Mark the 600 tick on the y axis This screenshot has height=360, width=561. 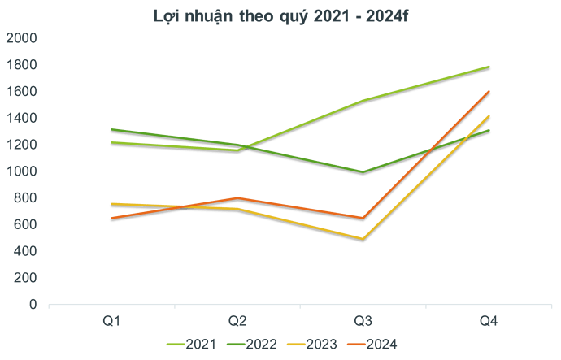(x=24, y=224)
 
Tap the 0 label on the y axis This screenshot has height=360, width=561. (x=33, y=304)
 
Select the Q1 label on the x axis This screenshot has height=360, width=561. (x=111, y=322)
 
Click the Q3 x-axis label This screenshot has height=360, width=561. (x=363, y=322)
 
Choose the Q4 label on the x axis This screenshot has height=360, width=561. (x=489, y=322)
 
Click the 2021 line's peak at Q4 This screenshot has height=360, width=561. (x=489, y=67)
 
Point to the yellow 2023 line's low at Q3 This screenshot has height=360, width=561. (x=363, y=239)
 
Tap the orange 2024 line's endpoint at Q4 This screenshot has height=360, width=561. (x=489, y=92)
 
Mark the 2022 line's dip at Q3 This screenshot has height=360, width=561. (x=363, y=173)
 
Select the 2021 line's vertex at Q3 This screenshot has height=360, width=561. (x=363, y=102)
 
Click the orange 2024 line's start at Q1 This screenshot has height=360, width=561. (x=111, y=219)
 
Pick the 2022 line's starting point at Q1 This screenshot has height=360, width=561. (x=111, y=130)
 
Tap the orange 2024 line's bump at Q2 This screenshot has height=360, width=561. (x=237, y=198)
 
